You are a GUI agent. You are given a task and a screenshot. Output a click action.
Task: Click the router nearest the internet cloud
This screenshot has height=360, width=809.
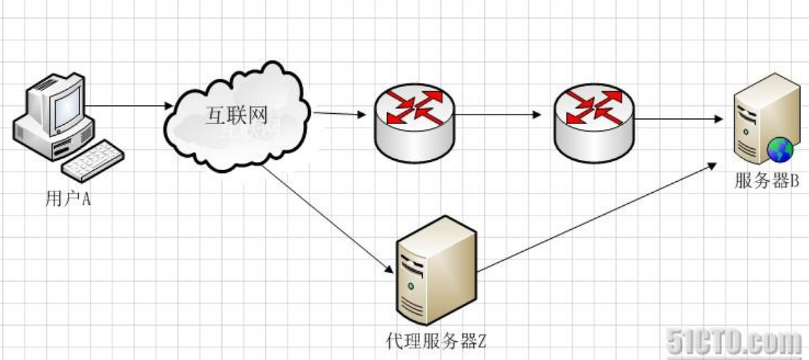413,123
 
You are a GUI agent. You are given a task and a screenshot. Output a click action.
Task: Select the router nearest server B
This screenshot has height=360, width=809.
593,123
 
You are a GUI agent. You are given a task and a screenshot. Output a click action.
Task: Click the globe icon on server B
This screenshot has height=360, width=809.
779,151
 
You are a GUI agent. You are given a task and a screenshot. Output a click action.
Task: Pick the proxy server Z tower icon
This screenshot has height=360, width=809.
436,275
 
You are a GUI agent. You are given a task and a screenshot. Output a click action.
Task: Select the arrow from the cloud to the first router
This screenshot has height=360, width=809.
340,114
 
